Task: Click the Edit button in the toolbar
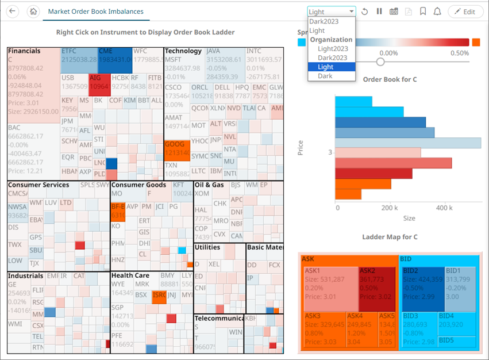click(465, 12)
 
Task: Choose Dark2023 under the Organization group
click(332, 58)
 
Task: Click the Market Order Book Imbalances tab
click(95, 12)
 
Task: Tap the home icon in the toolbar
click(33, 12)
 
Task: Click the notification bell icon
click(437, 12)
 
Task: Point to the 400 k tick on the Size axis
click(444, 208)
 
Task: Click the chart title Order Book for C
click(390, 79)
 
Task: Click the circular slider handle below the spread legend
click(380, 62)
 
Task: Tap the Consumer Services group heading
click(38, 185)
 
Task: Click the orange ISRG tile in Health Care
click(159, 297)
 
